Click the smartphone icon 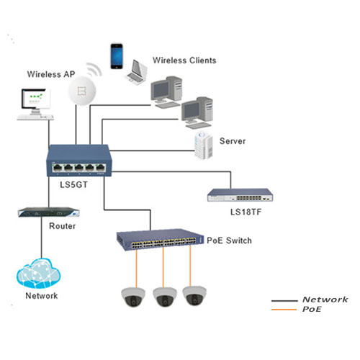click(x=117, y=56)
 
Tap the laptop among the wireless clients click(x=137, y=72)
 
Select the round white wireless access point click(x=82, y=91)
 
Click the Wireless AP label click(x=51, y=74)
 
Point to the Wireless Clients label click(x=184, y=60)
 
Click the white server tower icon click(x=204, y=145)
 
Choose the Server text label click(x=233, y=141)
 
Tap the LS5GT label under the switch click(x=73, y=184)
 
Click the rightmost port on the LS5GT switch click(x=101, y=168)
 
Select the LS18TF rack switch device click(x=240, y=195)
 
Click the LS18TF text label click(x=246, y=212)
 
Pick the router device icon click(x=49, y=212)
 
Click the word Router click(x=63, y=226)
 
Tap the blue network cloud click(x=38, y=274)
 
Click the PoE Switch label click(x=229, y=240)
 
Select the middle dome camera click(x=165, y=297)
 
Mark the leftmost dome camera click(x=133, y=297)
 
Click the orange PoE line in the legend click(x=284, y=310)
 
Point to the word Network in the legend click(x=325, y=300)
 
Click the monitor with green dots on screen click(x=36, y=102)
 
